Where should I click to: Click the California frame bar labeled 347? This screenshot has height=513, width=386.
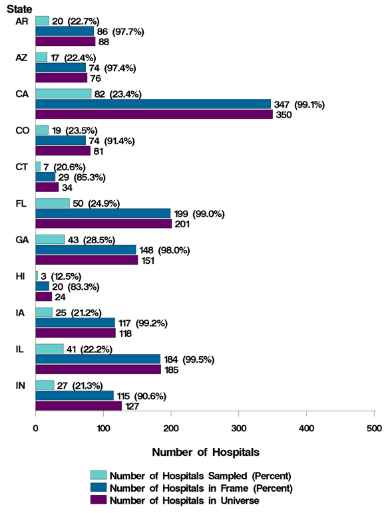point(153,104)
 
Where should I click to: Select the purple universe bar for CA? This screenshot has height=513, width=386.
point(154,114)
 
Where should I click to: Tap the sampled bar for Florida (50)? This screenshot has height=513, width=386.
point(53,203)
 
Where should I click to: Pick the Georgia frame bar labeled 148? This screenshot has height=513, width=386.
point(85,249)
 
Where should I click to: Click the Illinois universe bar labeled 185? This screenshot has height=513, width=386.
point(98,369)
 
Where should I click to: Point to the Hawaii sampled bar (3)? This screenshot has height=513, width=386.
point(37,275)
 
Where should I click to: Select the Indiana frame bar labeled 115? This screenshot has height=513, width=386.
point(75,395)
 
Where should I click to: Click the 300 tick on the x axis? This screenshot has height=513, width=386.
point(239,429)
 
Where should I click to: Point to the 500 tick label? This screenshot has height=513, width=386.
point(374,429)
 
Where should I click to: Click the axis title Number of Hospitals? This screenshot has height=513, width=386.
point(206,453)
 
